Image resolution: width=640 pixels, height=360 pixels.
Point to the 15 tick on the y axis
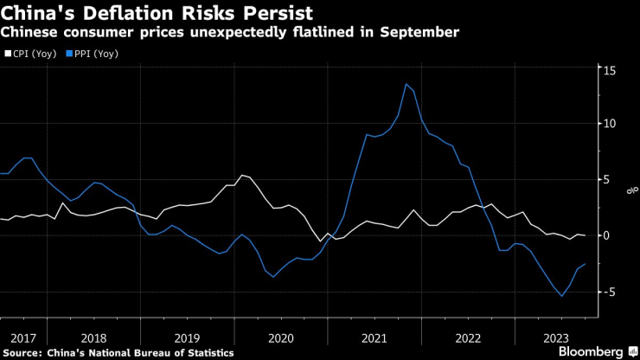click(610, 69)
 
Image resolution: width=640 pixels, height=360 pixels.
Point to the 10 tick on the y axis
click(610, 124)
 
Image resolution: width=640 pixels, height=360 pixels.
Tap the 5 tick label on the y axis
click(607, 180)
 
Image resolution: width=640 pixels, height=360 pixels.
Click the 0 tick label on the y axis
click(607, 235)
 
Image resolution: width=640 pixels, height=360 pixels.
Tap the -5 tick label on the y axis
click(609, 292)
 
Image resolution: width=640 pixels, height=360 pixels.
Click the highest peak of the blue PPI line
click(406, 84)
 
